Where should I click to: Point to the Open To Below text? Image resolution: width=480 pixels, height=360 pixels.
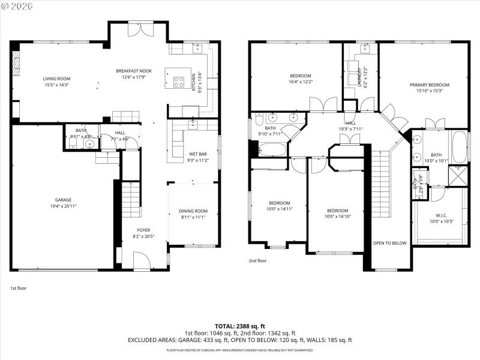click(389, 243)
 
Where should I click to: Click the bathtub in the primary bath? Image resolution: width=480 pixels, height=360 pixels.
click(459, 147)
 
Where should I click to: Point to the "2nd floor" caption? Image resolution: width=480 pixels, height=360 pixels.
click(257, 261)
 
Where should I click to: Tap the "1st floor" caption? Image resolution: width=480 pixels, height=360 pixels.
click(18, 288)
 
